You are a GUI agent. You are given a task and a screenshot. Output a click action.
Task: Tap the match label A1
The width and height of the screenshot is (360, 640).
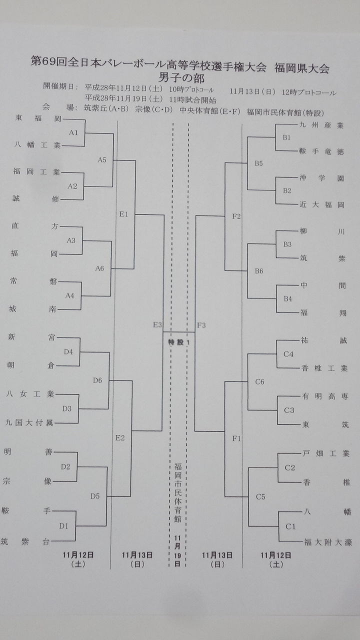click(x=74, y=132)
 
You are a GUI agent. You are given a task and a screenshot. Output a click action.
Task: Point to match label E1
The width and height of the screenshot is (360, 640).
click(x=124, y=214)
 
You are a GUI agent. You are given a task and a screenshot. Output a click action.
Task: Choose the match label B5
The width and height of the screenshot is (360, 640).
click(x=258, y=163)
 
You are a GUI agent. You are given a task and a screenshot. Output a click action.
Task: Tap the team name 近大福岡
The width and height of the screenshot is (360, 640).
click(x=321, y=204)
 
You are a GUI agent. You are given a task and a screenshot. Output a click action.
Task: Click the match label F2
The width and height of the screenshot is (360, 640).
click(x=237, y=216)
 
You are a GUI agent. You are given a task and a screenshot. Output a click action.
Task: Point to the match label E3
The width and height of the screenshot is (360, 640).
click(x=157, y=325)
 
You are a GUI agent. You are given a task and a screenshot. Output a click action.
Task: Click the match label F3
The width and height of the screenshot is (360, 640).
click(x=201, y=325)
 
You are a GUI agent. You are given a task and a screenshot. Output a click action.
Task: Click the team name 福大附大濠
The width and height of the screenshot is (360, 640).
click(x=327, y=541)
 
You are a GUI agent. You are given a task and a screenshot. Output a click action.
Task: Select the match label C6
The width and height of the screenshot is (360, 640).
click(x=259, y=382)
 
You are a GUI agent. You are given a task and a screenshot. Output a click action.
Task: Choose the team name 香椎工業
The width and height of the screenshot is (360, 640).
click(x=324, y=368)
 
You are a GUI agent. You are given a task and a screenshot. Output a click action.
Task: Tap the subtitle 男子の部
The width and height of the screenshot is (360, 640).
click(x=178, y=78)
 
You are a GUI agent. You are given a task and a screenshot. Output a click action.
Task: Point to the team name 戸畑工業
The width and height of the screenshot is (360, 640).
click(x=325, y=454)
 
